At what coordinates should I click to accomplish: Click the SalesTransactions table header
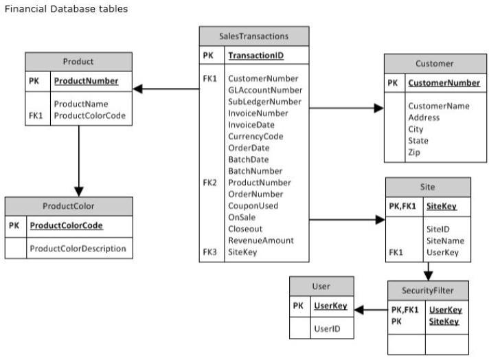tap(254, 36)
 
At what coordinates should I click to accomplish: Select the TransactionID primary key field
tap(255, 56)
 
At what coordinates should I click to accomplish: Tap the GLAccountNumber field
tap(265, 90)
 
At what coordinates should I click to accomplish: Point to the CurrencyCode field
tap(255, 137)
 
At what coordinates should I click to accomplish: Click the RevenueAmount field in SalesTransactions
tap(261, 240)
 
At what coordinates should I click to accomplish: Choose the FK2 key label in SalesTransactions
tap(209, 183)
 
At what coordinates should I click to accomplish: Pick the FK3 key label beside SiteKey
tap(209, 251)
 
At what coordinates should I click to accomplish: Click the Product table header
tap(78, 61)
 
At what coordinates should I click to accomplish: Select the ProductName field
tap(81, 104)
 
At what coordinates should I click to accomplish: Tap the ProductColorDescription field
tap(78, 249)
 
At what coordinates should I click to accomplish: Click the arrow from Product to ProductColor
tap(79, 161)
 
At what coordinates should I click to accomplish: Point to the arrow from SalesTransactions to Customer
tap(346, 109)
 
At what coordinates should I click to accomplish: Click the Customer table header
tap(435, 64)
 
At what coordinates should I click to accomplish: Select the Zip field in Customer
tap(414, 153)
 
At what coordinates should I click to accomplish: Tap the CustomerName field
tap(439, 106)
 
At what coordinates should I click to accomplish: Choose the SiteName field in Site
tap(445, 241)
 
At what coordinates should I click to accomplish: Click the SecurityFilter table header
tap(428, 291)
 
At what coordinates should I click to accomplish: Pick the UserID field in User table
tap(327, 328)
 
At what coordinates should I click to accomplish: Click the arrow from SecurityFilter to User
tap(371, 310)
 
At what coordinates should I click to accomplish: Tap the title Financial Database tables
tap(66, 9)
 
